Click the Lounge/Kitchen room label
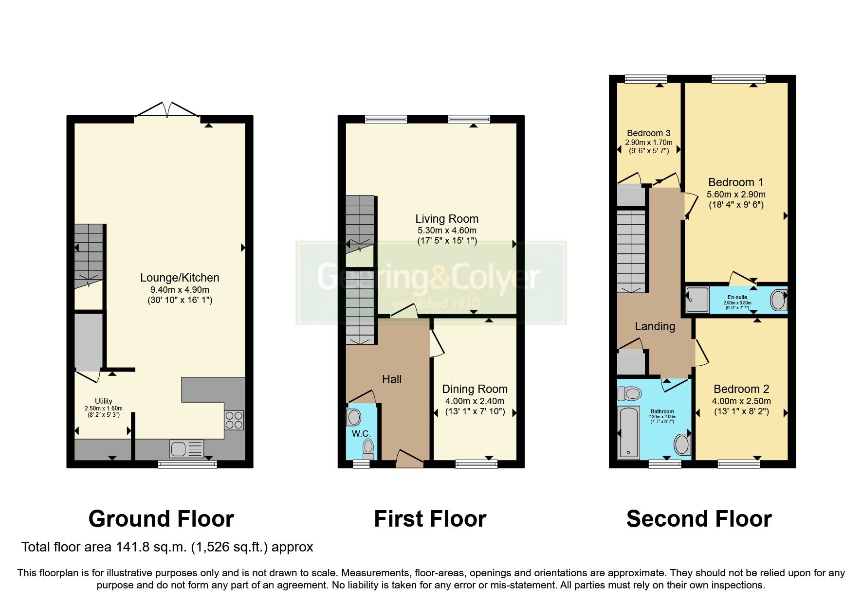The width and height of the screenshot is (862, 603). pyautogui.click(x=180, y=278)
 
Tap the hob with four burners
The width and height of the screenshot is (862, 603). pyautogui.click(x=234, y=420)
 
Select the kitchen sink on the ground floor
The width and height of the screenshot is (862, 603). pyautogui.click(x=186, y=449)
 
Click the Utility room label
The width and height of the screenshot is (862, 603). pyautogui.click(x=104, y=401)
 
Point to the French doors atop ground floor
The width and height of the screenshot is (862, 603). pyautogui.click(x=167, y=110)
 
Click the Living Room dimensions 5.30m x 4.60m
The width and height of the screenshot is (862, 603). pyautogui.click(x=447, y=231)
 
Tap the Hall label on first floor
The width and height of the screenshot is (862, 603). pyautogui.click(x=392, y=379)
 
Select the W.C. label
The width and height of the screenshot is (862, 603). pyautogui.click(x=361, y=433)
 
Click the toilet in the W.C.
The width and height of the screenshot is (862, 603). pyautogui.click(x=368, y=448)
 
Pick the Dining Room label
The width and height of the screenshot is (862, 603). pyautogui.click(x=475, y=389)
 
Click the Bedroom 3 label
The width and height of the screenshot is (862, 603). pyautogui.click(x=648, y=133)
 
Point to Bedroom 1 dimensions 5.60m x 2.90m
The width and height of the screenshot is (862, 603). pyautogui.click(x=736, y=195)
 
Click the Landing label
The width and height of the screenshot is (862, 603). pyautogui.click(x=655, y=326)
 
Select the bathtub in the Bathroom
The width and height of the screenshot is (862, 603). pyautogui.click(x=629, y=432)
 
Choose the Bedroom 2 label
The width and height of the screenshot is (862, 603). pyautogui.click(x=741, y=389)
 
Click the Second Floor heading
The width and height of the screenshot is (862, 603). pyautogui.click(x=699, y=519)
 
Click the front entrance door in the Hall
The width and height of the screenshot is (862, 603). pyautogui.click(x=409, y=459)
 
